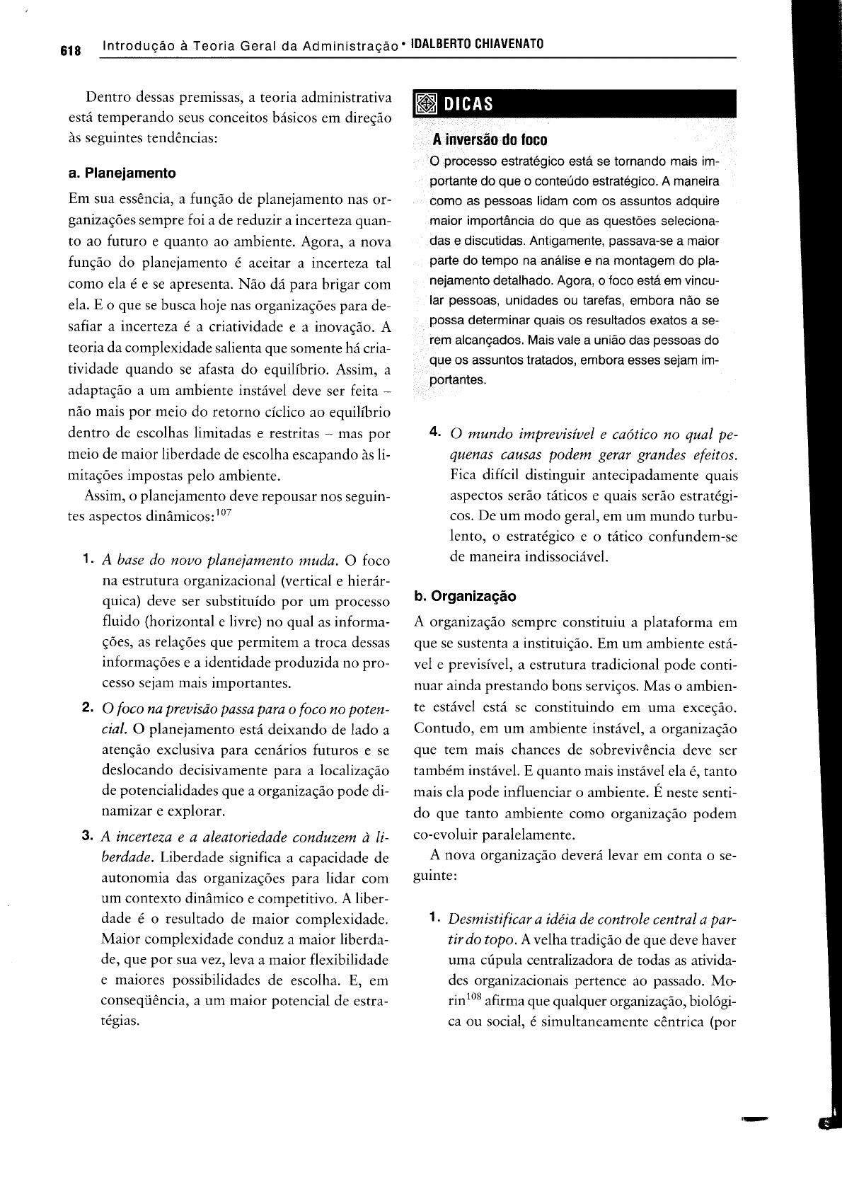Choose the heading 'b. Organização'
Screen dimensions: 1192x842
pos(465,596)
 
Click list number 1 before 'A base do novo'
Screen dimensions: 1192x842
pos(87,560)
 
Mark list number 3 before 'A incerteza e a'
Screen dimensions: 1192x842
pos(87,837)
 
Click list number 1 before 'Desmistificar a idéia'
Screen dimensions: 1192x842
pos(434,919)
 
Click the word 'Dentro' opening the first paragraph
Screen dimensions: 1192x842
pos(105,97)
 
